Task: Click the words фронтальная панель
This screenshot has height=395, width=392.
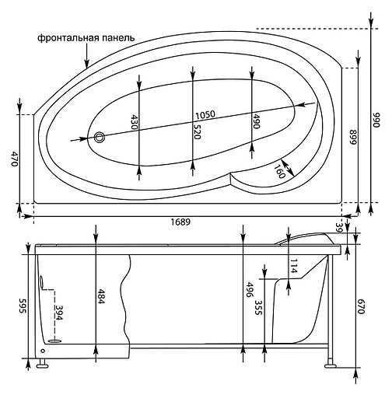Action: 86,37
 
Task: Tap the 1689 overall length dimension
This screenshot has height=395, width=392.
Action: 180,222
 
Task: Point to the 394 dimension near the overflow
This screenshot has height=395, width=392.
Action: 58,313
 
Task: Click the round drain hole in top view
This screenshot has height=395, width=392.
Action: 99,138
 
